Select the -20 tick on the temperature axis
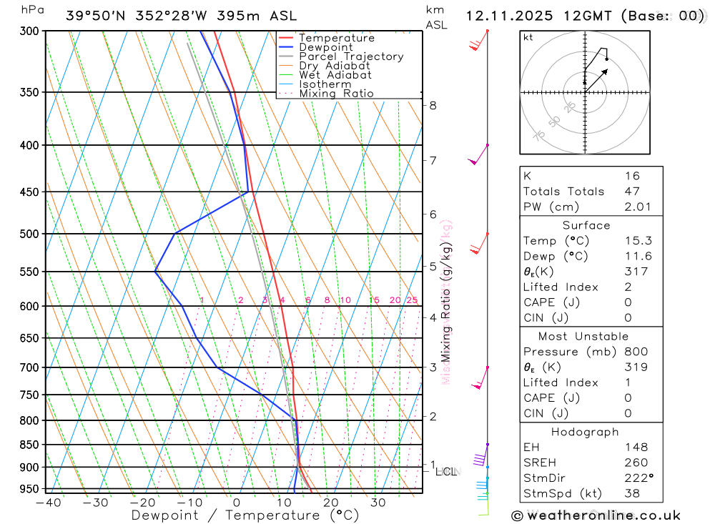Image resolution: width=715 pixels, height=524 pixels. (142, 503)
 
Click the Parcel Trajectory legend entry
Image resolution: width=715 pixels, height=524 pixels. (351, 56)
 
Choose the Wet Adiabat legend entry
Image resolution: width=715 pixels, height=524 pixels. (335, 75)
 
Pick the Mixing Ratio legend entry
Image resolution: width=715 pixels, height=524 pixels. (336, 94)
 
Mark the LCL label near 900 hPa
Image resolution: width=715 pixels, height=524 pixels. (446, 471)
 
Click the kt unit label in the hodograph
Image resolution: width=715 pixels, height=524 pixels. (528, 37)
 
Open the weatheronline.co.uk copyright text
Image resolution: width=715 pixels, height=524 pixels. (596, 515)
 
